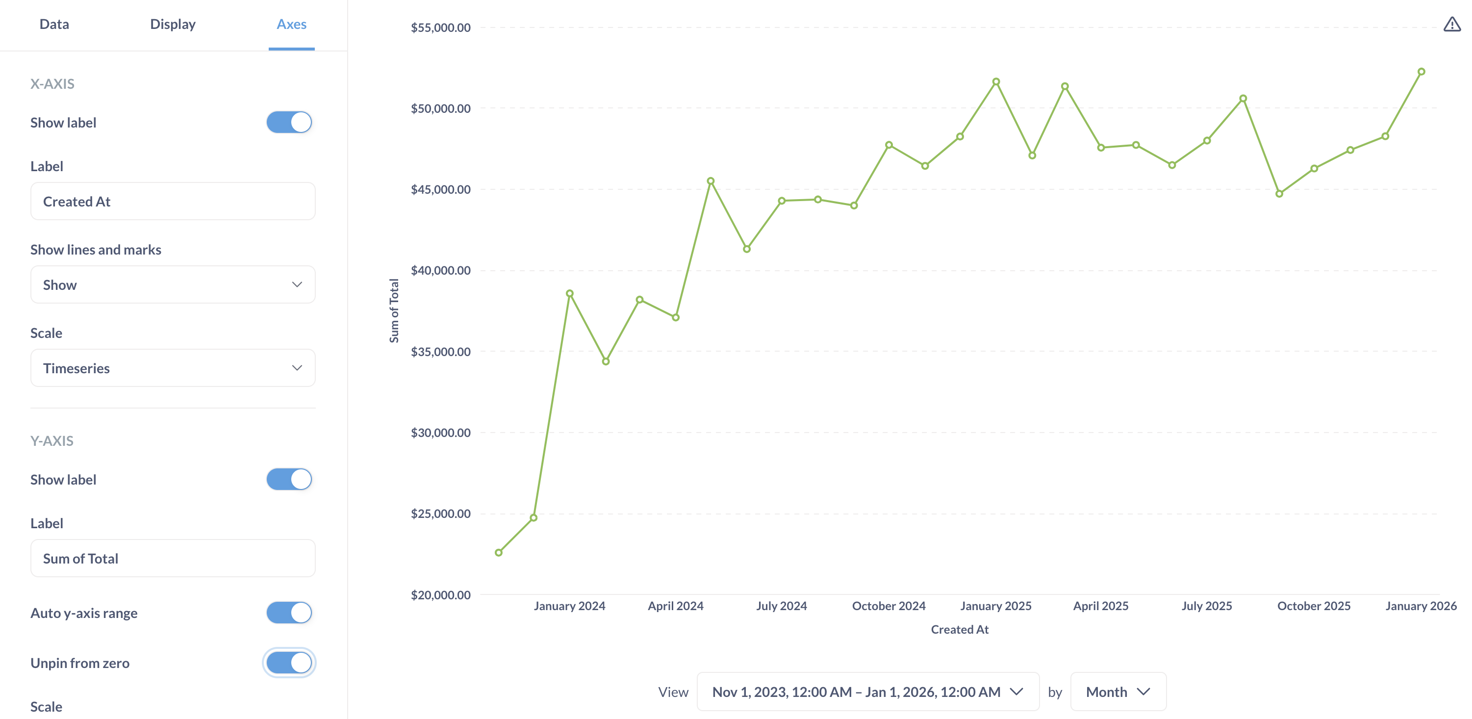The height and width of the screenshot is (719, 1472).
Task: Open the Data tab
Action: [54, 24]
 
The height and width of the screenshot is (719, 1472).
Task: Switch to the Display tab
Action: [173, 24]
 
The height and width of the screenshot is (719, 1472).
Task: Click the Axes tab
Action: [291, 24]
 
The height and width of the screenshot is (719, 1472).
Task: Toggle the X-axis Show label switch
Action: [289, 122]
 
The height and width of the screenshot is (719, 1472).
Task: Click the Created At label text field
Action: [173, 201]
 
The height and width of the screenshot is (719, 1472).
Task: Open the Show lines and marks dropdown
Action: [173, 284]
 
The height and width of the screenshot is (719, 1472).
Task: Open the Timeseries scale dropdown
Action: [173, 368]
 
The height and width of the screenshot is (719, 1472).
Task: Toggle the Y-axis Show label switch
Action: [289, 479]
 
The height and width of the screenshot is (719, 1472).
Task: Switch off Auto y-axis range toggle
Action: [289, 613]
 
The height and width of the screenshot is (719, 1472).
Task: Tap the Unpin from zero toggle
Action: [289, 663]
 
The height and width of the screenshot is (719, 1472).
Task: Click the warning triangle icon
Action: [1451, 25]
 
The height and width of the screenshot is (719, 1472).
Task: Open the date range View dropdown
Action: [867, 692]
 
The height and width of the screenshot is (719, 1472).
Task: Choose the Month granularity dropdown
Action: [1117, 692]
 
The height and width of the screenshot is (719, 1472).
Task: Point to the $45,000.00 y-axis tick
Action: [441, 189]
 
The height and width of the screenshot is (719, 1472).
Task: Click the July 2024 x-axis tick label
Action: [781, 606]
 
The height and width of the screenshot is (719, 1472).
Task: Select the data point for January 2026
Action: [1421, 72]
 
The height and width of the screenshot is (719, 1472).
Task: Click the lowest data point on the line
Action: [498, 553]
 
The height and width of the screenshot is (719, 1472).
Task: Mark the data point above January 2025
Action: [996, 82]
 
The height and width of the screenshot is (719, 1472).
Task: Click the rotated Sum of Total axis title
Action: [394, 310]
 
